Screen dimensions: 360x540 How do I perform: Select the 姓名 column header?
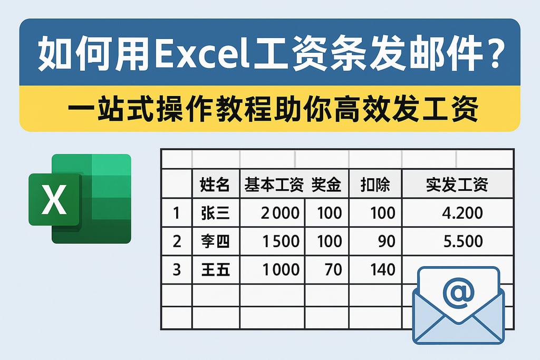(215, 184)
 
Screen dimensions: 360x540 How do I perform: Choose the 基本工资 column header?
(274, 184)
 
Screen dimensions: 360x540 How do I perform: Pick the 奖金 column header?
(326, 184)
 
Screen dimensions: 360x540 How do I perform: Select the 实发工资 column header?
(457, 184)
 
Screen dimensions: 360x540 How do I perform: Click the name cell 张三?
(215, 213)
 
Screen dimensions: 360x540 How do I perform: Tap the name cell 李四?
(215, 241)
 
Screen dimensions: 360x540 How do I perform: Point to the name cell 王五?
(215, 270)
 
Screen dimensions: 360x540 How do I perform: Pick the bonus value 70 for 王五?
(333, 270)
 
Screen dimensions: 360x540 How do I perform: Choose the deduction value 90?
(386, 241)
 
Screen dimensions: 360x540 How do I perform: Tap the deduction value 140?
(382, 270)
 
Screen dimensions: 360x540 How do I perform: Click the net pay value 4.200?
(463, 213)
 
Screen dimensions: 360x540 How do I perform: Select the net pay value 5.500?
(463, 241)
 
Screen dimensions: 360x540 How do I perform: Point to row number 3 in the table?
(177, 270)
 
